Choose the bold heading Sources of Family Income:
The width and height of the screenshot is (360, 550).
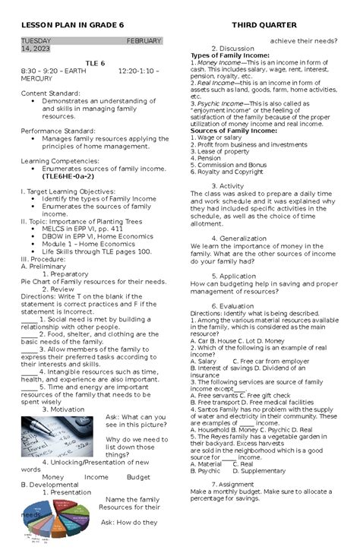pyautogui.click(x=232, y=131)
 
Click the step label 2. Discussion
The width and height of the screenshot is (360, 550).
pyautogui.click(x=238, y=49)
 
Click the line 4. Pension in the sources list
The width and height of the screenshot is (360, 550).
pyautogui.click(x=210, y=158)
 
